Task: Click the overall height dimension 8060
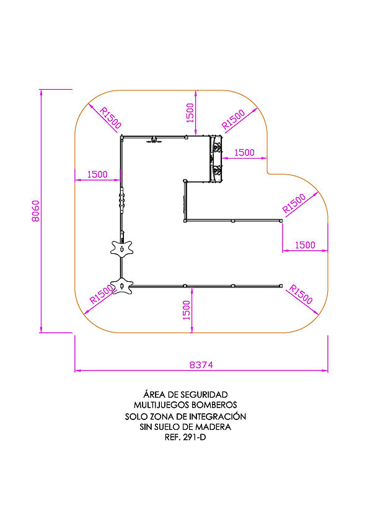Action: [35, 211]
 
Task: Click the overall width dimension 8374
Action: [201, 365]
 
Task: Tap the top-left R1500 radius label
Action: [110, 118]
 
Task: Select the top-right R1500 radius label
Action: [234, 119]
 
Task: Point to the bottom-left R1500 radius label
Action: [102, 294]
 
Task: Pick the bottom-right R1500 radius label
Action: [301, 294]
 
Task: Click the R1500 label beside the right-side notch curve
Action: [294, 203]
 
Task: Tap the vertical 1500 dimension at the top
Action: [190, 113]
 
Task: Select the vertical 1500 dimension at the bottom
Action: [187, 310]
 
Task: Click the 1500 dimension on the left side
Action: [97, 175]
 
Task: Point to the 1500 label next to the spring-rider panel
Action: [244, 152]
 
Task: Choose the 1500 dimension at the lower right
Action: [305, 245]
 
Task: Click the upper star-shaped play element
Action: [121, 248]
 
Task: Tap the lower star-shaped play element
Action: [121, 286]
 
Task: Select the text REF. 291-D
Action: [185, 437]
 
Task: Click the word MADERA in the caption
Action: [213, 427]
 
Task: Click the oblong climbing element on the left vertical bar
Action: [122, 201]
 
